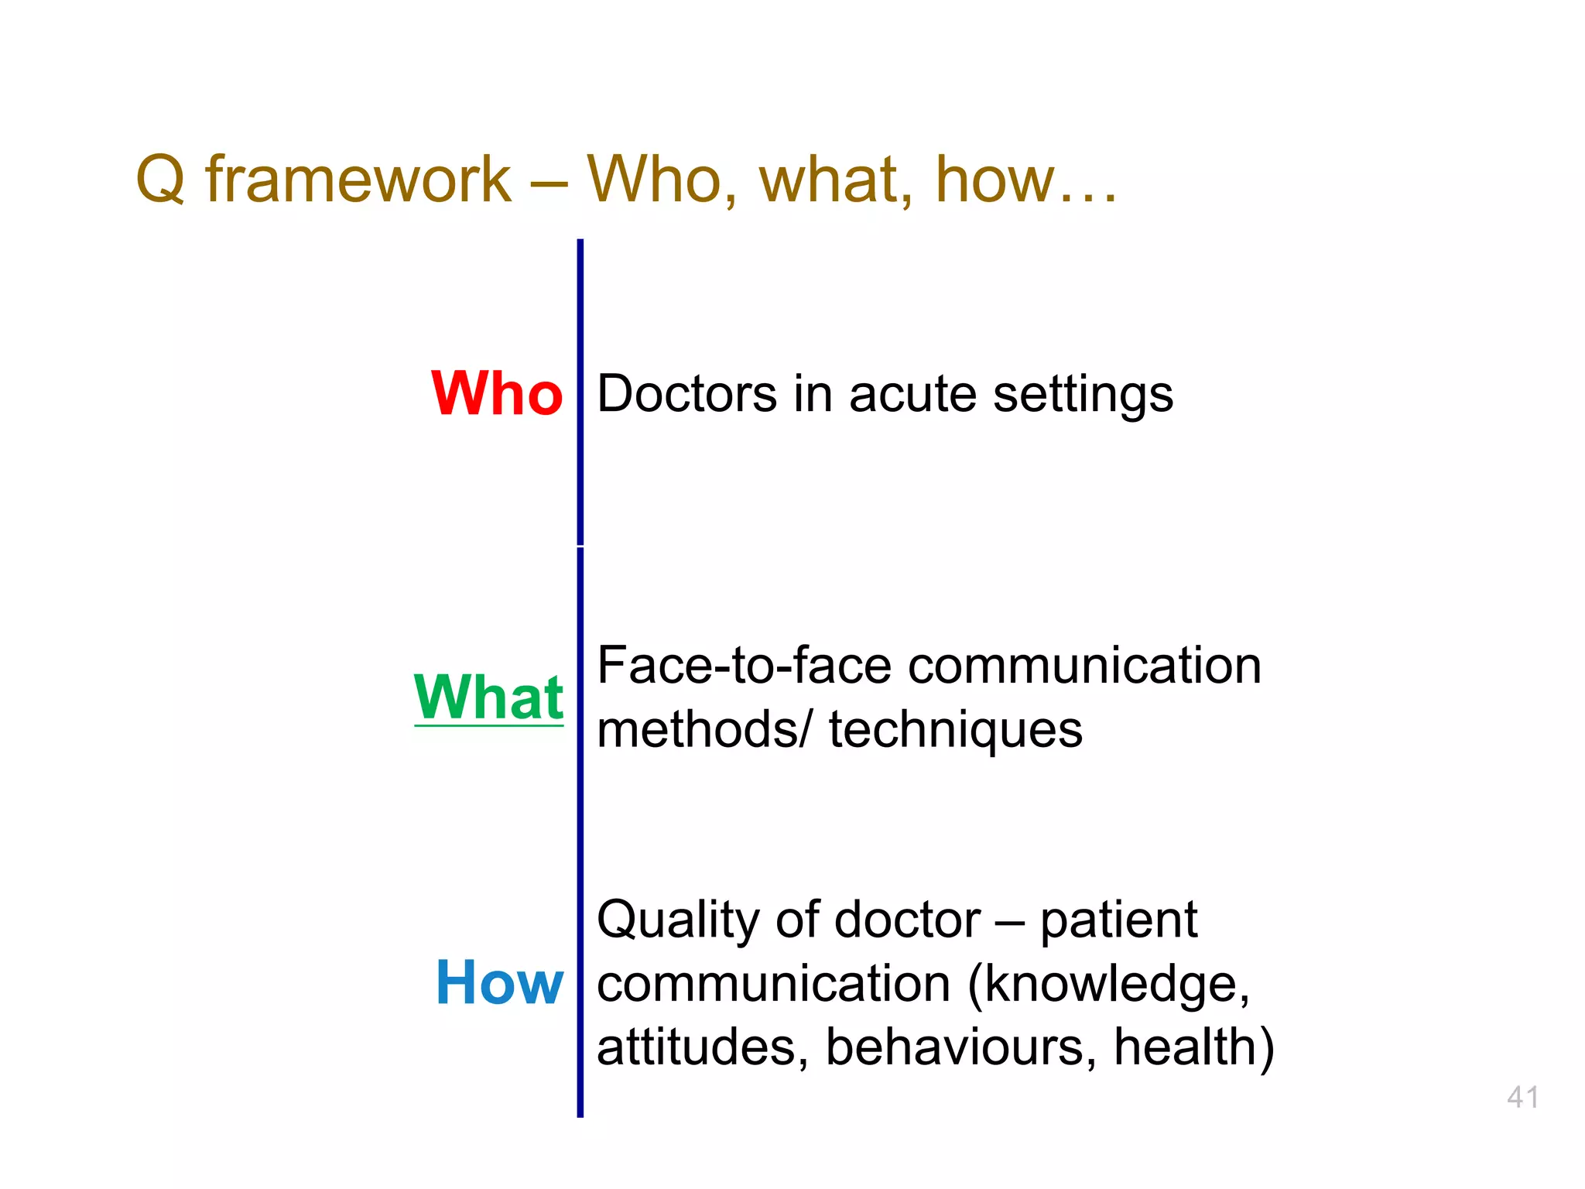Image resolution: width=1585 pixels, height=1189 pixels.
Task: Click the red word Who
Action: [x=497, y=393]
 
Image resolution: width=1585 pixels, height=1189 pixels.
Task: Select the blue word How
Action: [x=499, y=983]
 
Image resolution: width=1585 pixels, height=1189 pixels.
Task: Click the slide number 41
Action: [x=1522, y=1097]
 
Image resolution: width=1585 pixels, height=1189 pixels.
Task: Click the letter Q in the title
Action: [x=160, y=180]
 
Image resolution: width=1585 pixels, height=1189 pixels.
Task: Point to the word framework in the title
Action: [x=358, y=180]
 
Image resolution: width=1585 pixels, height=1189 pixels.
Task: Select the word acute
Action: [x=912, y=395]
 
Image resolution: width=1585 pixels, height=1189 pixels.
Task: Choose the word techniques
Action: [x=955, y=731]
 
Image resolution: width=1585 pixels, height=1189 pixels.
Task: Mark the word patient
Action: [x=1118, y=921]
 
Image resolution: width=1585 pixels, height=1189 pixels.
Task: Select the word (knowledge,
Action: [x=1107, y=985]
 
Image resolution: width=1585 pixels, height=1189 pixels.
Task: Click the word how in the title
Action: [x=994, y=180]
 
